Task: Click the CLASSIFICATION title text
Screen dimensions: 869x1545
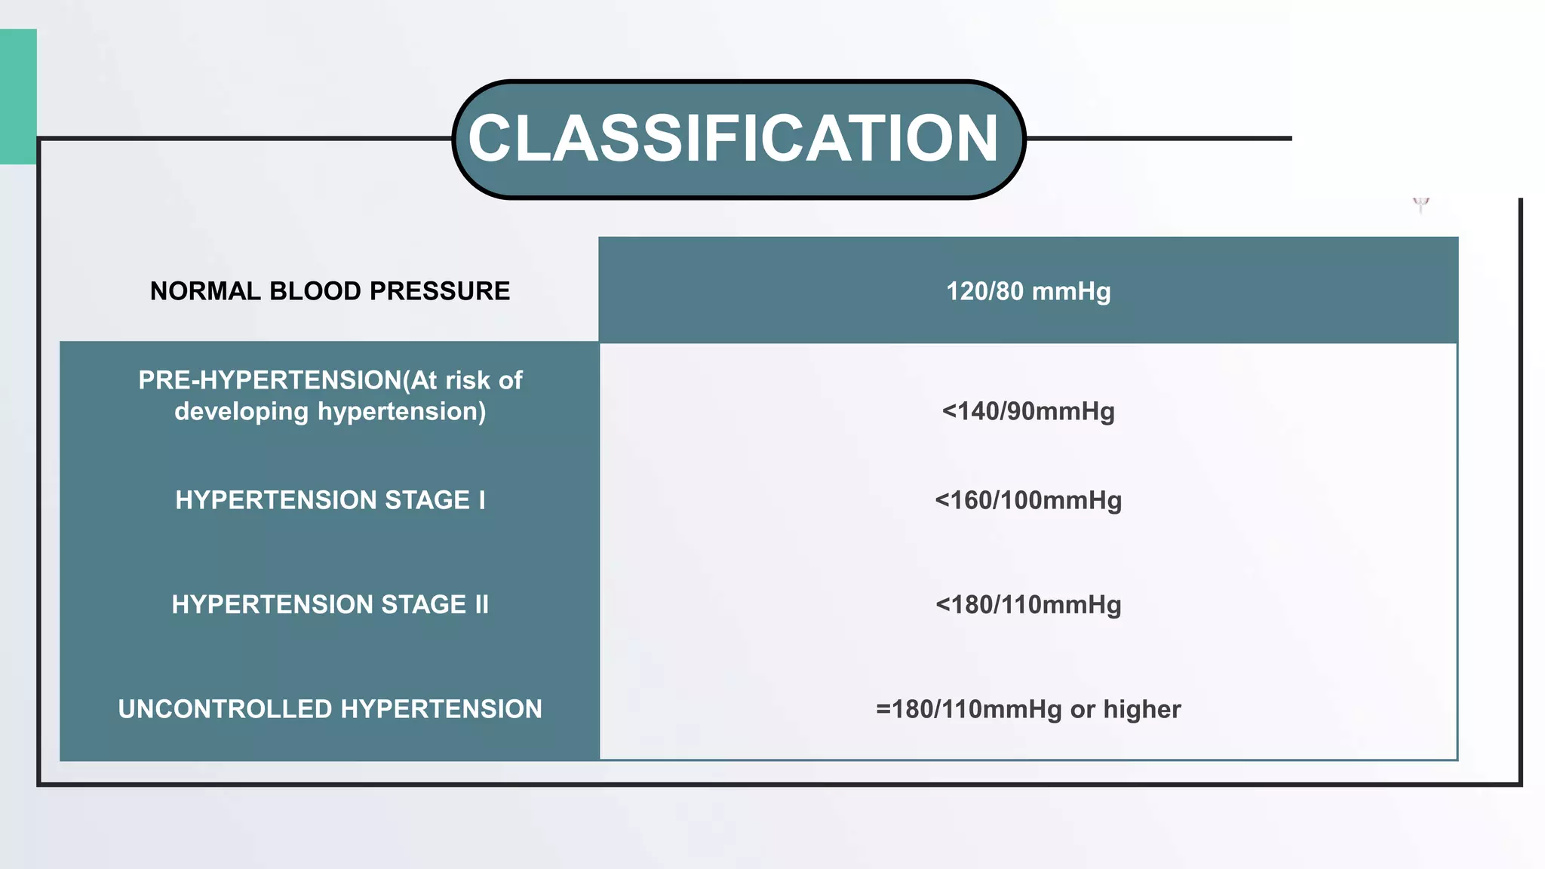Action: tap(733, 139)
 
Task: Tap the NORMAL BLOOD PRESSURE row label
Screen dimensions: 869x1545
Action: tap(330, 291)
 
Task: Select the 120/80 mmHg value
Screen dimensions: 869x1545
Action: tap(1028, 291)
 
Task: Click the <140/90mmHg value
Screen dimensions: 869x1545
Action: tap(1028, 411)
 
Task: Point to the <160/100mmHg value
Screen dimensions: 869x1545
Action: tap(1028, 500)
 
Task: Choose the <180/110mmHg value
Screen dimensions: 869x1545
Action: tap(1028, 604)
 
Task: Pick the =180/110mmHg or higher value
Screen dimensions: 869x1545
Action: tap(1028, 709)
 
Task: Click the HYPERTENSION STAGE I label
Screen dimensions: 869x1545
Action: tap(330, 500)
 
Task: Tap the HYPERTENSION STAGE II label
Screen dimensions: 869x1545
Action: tap(330, 604)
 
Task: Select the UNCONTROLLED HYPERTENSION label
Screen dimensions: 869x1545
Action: tap(330, 709)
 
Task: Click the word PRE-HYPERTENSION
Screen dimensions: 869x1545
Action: tap(270, 380)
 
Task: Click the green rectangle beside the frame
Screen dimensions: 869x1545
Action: tap(18, 97)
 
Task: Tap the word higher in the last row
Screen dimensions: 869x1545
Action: tap(1142, 709)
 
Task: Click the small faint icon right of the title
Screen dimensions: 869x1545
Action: tap(1421, 204)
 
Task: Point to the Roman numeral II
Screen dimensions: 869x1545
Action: tap(481, 604)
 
